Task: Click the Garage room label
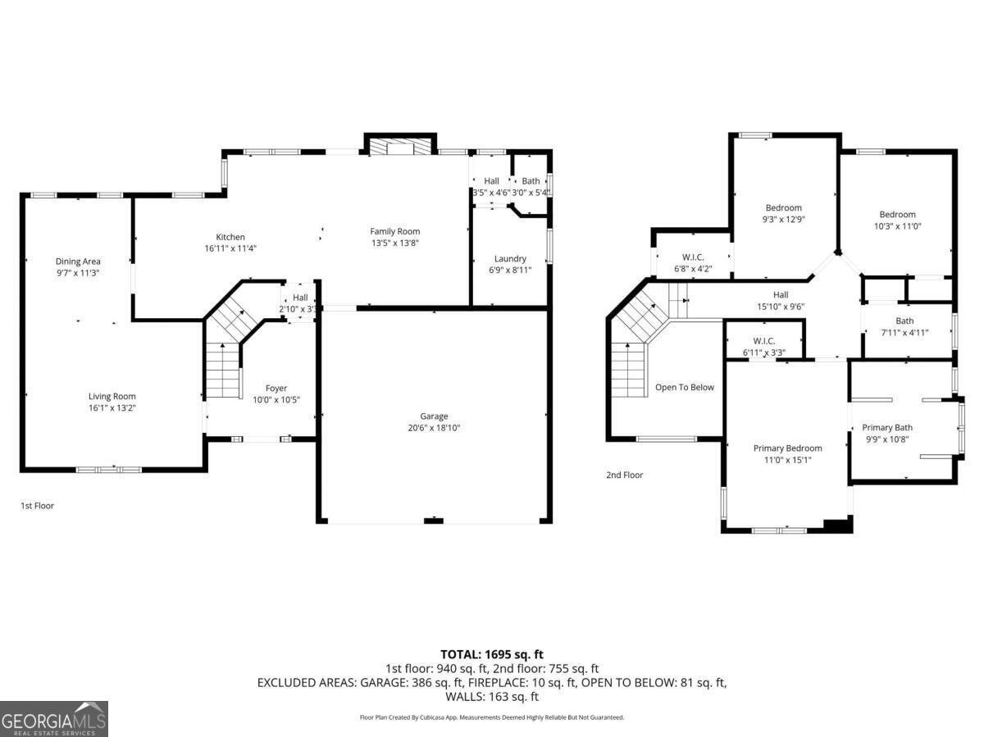[434, 416]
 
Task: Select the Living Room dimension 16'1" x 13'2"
[112, 408]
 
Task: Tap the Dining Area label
[78, 262]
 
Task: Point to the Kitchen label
[230, 237]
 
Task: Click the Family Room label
[394, 231]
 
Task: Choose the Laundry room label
[510, 258]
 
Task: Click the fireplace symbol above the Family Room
[398, 146]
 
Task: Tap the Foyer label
[276, 388]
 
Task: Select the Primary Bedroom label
[787, 448]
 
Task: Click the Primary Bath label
[886, 427]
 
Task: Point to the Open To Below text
[684, 387]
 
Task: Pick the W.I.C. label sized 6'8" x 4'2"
[693, 257]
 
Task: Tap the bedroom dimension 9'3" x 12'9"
[783, 220]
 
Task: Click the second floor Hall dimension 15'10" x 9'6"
[780, 307]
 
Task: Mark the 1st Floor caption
[37, 506]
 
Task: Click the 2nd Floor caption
[625, 475]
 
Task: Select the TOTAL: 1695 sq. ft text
[492, 654]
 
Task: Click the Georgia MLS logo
[54, 719]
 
